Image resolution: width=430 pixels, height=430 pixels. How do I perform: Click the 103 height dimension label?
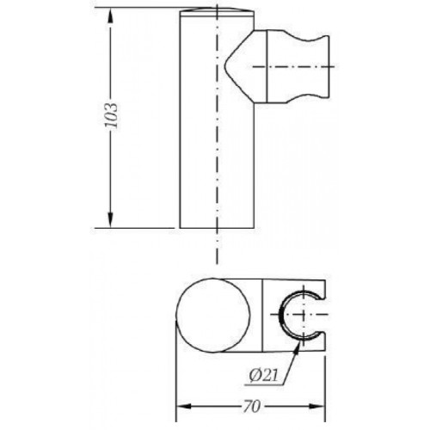click(111, 115)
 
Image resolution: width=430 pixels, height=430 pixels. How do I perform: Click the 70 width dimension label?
click(252, 406)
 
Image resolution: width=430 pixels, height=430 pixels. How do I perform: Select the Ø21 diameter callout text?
click(263, 376)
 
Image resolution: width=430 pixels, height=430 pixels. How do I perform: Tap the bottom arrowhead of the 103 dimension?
click(110, 219)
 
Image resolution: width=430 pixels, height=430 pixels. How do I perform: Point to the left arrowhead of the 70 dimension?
click(183, 406)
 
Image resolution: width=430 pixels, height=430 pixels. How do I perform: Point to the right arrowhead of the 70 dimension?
click(317, 406)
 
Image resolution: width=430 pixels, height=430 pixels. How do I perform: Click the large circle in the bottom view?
click(213, 316)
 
